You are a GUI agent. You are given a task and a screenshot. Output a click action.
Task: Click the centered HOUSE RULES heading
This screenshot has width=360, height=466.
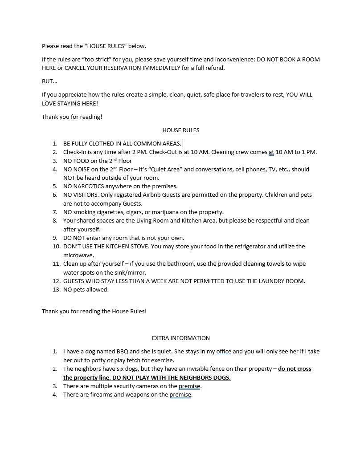(180, 130)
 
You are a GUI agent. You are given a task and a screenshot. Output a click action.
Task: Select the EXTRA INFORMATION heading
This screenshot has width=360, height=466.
(180, 338)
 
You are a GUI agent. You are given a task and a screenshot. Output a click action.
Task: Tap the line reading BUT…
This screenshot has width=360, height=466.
(49, 81)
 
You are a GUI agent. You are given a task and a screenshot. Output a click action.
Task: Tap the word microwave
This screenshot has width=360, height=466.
(78, 255)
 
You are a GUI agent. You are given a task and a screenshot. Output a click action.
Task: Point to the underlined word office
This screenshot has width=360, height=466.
(224, 352)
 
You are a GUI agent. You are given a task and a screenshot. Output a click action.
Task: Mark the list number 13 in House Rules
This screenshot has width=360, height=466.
(56, 290)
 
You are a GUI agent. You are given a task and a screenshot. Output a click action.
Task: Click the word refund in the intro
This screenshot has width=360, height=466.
(215, 68)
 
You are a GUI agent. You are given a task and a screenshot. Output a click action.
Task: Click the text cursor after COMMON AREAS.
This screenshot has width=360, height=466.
(183, 143)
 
